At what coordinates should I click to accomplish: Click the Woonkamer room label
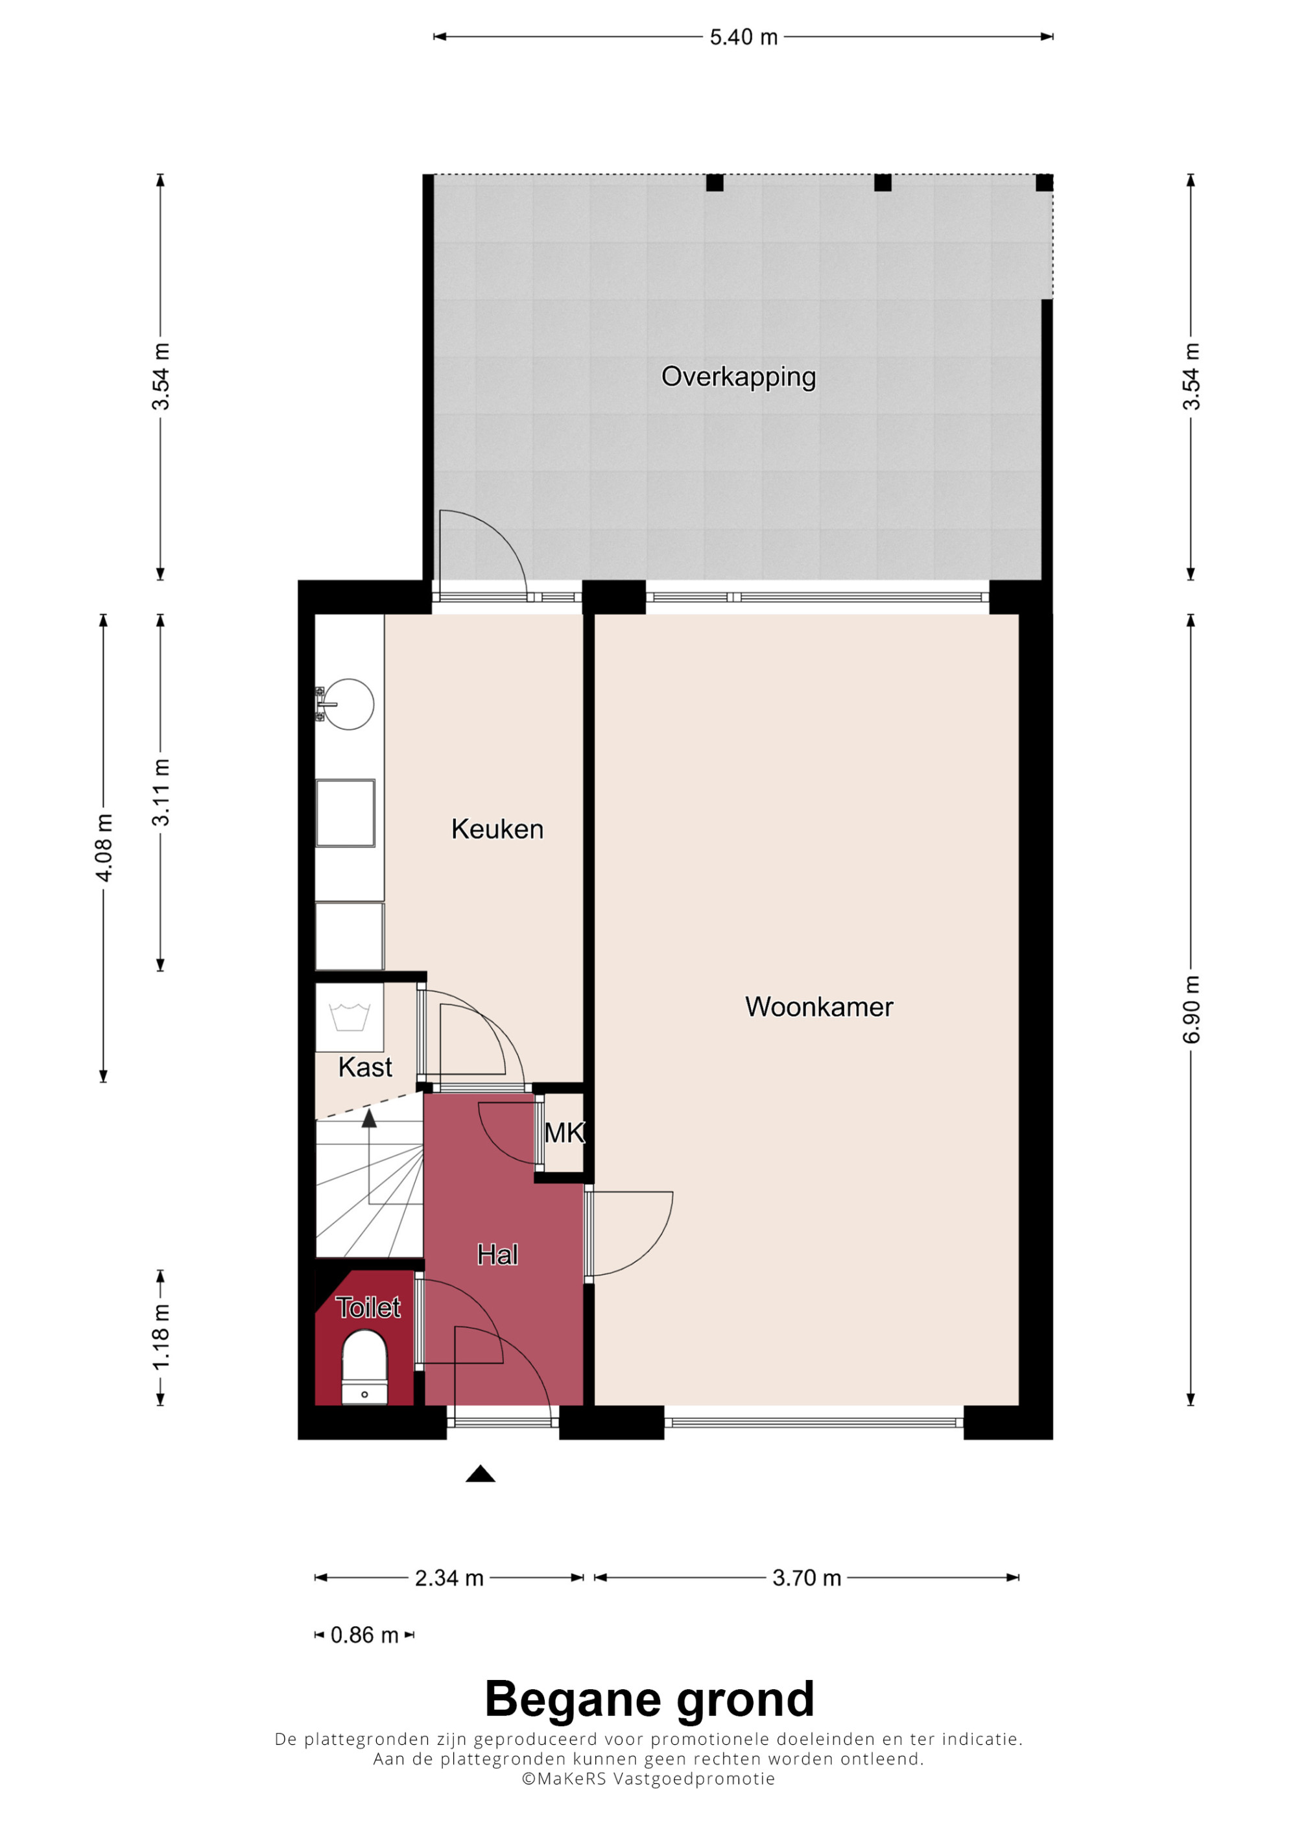pos(818,1006)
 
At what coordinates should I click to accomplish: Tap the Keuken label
pos(497,829)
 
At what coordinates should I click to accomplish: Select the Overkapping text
pos(739,377)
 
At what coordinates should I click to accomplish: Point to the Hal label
pos(497,1255)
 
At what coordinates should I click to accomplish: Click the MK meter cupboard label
pos(564,1133)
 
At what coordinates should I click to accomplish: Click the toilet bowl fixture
pos(364,1367)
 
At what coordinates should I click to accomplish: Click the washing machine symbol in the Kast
pos(350,1017)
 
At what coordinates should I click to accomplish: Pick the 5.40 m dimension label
pos(743,38)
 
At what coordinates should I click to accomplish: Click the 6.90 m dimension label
pos(1191,1010)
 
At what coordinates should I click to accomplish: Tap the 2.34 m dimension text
pos(449,1578)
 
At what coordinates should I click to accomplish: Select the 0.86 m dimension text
pos(364,1635)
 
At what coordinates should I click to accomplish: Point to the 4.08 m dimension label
pos(104,847)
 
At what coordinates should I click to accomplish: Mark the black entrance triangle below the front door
pos(481,1474)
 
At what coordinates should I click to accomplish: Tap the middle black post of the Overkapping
pos(882,183)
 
